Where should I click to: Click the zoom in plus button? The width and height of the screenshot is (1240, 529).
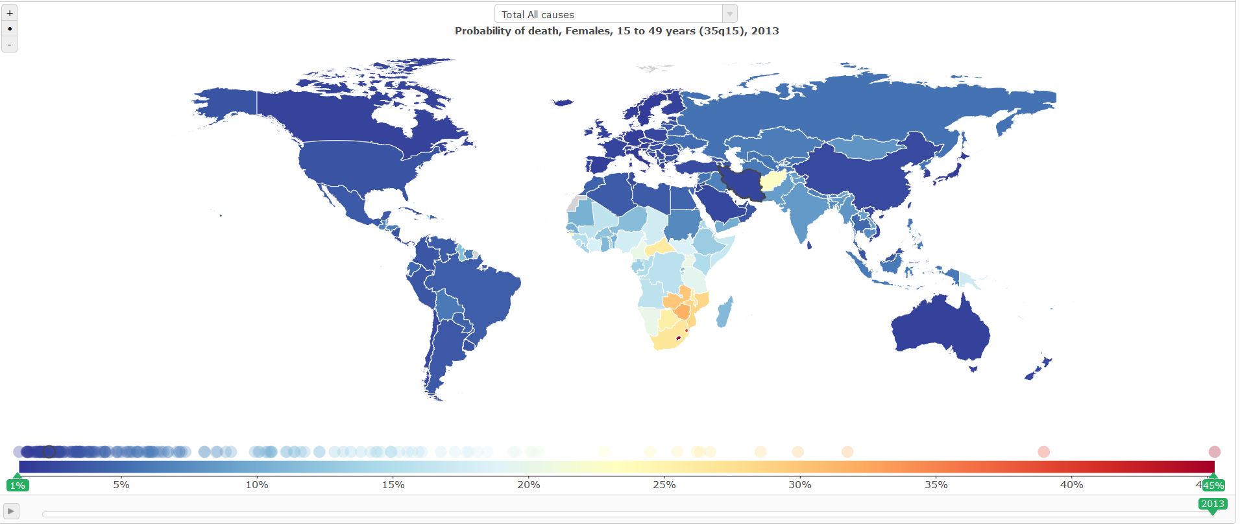tap(9, 13)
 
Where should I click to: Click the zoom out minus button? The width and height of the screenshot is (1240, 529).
tap(9, 44)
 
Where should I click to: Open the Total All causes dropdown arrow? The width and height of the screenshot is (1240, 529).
tap(729, 14)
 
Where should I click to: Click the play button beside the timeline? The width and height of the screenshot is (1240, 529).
tap(11, 511)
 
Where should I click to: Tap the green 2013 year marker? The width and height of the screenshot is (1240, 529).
tap(1212, 504)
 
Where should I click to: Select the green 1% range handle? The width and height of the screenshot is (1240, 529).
tap(18, 485)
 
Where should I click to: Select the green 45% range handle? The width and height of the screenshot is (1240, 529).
tap(1213, 485)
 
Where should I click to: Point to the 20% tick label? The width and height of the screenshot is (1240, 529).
tap(529, 484)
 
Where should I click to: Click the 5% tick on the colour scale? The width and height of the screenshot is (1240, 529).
tap(121, 484)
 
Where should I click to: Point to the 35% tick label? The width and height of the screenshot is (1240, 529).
tap(936, 484)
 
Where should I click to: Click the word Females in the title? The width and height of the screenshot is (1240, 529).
tap(589, 30)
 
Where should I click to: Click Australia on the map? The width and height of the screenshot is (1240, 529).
tap(941, 331)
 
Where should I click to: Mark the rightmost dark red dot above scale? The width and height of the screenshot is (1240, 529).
tap(1214, 452)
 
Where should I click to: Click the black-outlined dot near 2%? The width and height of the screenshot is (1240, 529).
tap(49, 452)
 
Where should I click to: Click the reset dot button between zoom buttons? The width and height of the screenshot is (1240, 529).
tap(9, 29)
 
